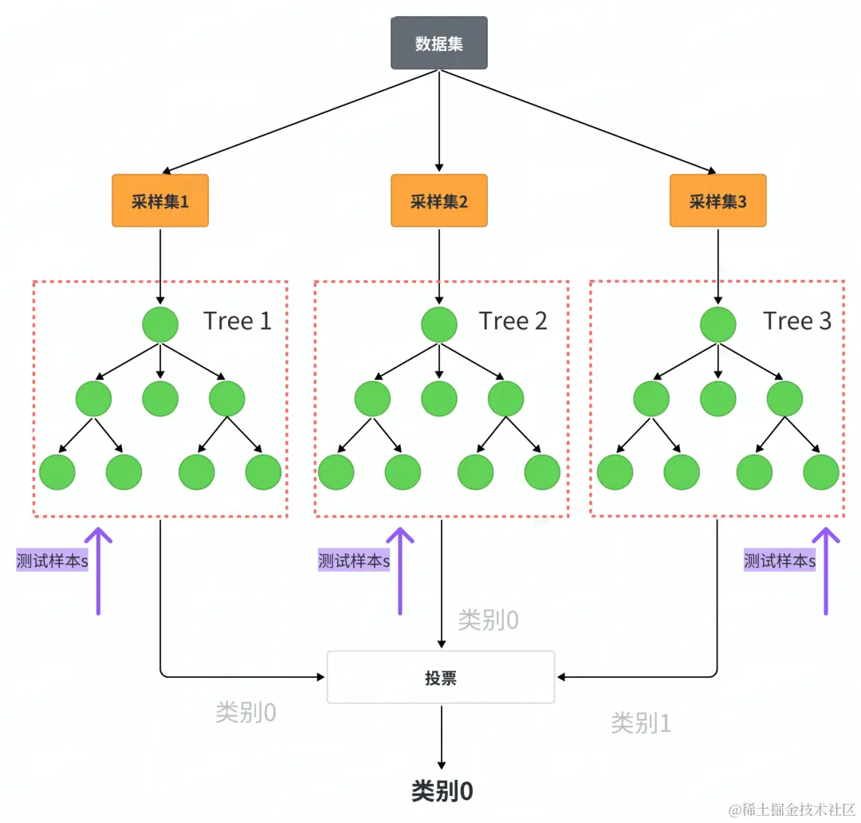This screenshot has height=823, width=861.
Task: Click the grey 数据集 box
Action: [x=438, y=43]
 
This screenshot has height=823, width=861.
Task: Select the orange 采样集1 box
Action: [x=160, y=201]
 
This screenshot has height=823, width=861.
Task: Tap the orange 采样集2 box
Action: [x=438, y=201]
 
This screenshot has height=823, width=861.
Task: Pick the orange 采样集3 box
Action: [x=717, y=201]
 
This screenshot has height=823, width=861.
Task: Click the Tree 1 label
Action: [x=238, y=321]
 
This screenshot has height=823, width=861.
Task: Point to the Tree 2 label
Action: [x=513, y=321]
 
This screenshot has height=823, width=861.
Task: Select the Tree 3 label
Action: [x=797, y=321]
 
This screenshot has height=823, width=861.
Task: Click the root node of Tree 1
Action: [x=160, y=325]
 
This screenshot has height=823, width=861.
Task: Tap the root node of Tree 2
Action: [x=439, y=325]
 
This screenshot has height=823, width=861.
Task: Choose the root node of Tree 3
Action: [x=718, y=325]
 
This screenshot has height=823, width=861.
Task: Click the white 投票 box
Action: [x=440, y=677]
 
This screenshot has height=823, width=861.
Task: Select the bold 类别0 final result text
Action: [x=442, y=790]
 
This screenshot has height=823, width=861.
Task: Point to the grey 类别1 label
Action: [x=641, y=723]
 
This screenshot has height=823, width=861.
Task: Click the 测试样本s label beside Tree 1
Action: [x=53, y=561]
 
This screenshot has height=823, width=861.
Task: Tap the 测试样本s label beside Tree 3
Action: [x=780, y=561]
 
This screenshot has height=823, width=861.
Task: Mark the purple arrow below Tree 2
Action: [x=400, y=570]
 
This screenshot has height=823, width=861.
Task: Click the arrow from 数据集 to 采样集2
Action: [x=438, y=120]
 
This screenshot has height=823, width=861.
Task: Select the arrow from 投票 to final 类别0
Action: [x=441, y=737]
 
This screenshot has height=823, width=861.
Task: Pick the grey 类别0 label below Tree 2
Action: [x=488, y=620]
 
